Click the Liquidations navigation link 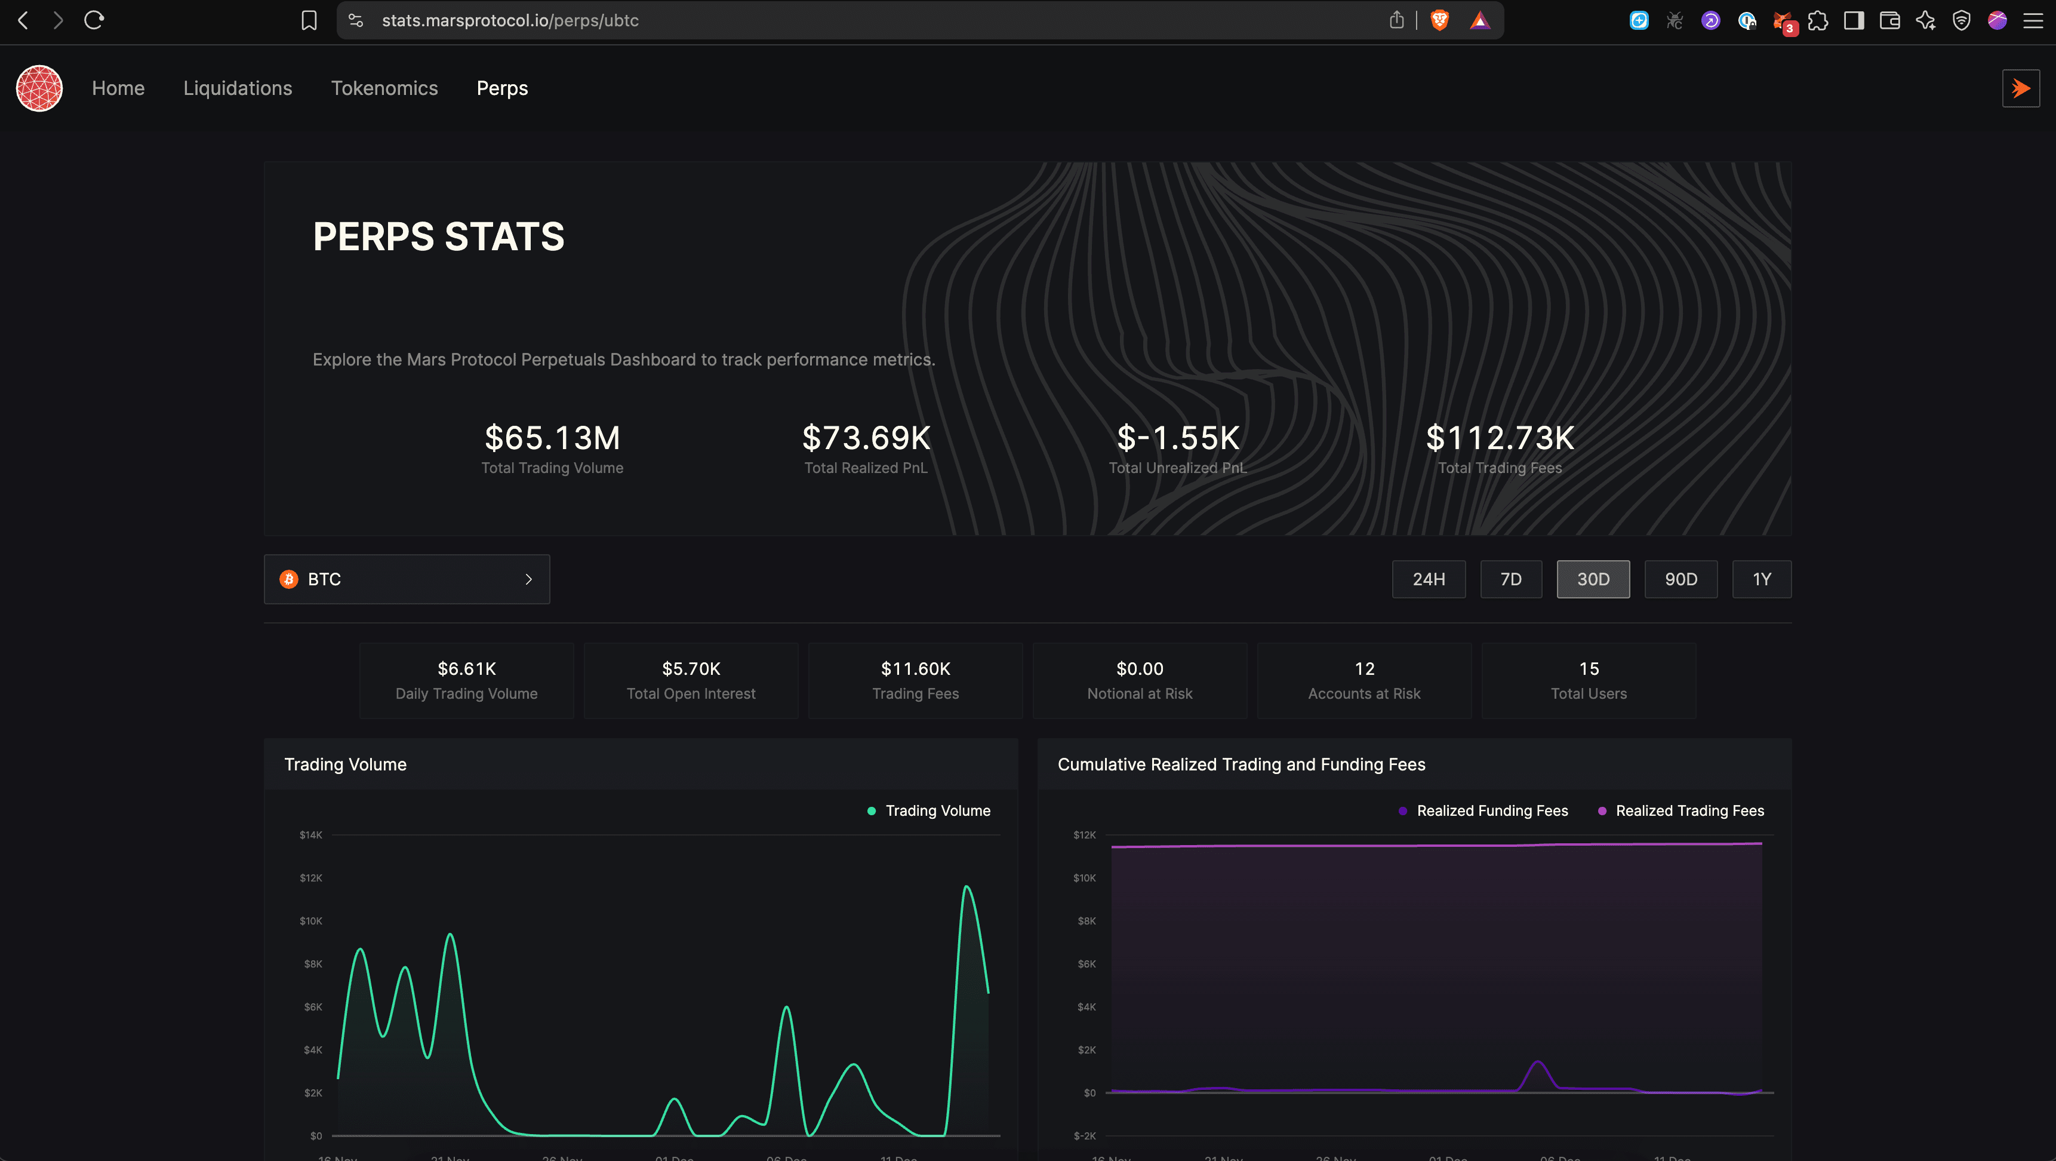point(238,88)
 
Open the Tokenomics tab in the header point(384,88)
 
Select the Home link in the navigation point(118,88)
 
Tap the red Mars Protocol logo point(39,88)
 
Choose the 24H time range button point(1428,579)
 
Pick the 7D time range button point(1510,579)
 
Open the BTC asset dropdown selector point(407,579)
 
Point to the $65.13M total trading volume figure point(552,438)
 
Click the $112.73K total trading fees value point(1500,438)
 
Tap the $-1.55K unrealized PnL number point(1178,438)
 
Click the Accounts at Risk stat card point(1364,680)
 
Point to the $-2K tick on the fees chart point(1084,1135)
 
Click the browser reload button point(94,20)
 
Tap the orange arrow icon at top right point(2020,88)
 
